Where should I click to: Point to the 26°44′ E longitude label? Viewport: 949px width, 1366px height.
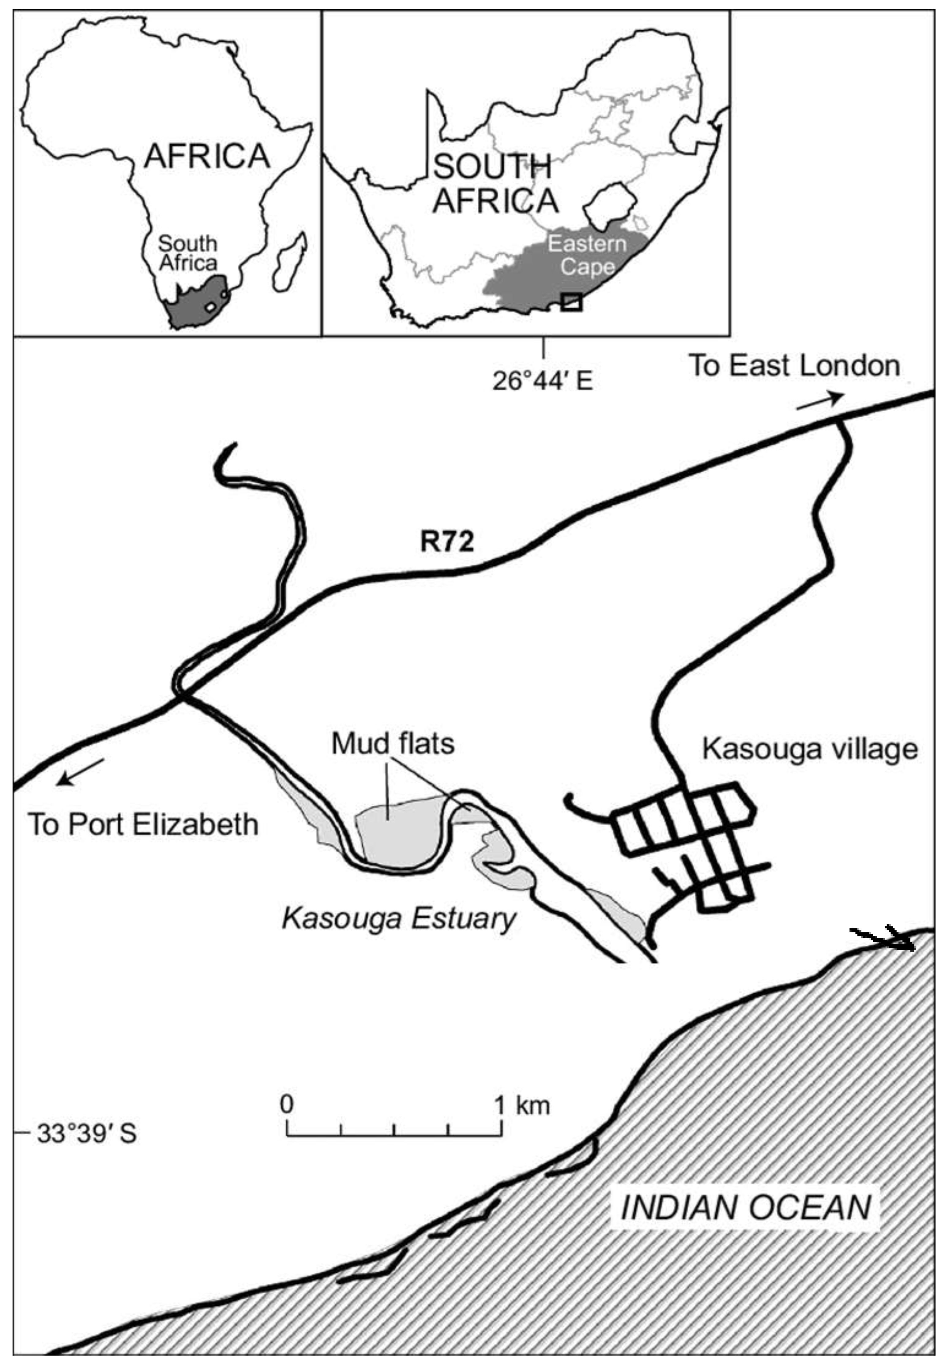[x=542, y=381]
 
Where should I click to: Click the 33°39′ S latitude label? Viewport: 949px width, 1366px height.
[x=87, y=1134]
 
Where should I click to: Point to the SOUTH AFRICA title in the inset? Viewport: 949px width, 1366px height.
[x=495, y=184]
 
